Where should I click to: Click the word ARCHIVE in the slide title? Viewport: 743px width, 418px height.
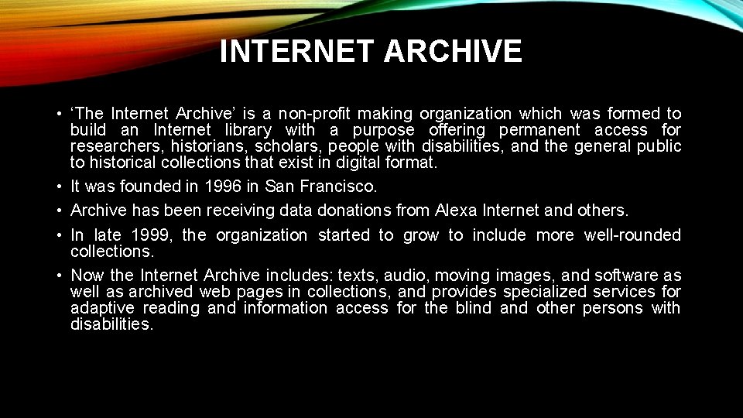pyautogui.click(x=453, y=52)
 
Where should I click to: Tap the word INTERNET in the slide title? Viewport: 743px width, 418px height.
pyautogui.click(x=297, y=52)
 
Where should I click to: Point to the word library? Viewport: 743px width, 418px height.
pyautogui.click(x=248, y=130)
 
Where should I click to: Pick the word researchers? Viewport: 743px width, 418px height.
pyautogui.click(x=117, y=146)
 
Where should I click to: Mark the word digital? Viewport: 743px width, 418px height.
pyautogui.click(x=368, y=163)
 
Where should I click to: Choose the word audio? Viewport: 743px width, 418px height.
pyautogui.click(x=406, y=276)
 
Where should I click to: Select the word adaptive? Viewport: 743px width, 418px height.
pyautogui.click(x=101, y=308)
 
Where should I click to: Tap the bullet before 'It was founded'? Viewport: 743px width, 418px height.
pyautogui.click(x=59, y=187)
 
